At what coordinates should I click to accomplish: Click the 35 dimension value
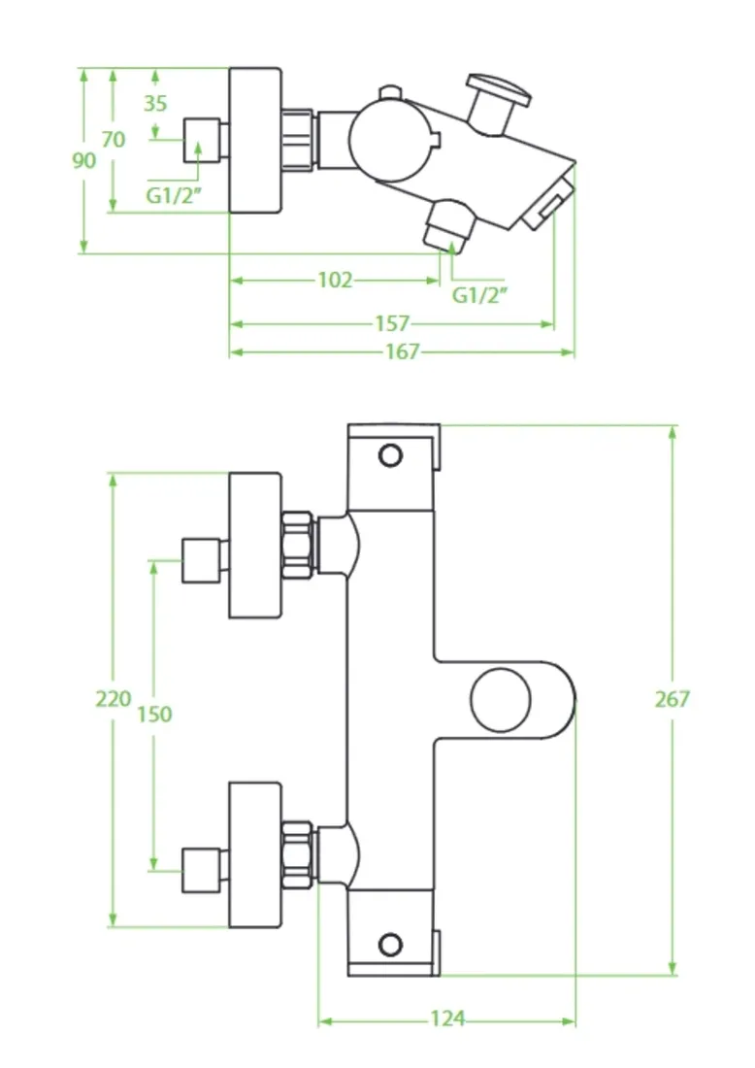tap(155, 103)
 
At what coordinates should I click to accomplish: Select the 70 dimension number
tap(114, 139)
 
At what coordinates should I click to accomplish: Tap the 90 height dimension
tap(84, 161)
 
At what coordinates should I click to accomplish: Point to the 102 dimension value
tap(336, 280)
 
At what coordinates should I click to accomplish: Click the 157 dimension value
tap(392, 323)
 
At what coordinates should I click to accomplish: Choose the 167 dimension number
tap(403, 351)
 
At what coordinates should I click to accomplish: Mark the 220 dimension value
tap(113, 699)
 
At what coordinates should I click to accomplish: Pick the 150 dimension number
tap(154, 715)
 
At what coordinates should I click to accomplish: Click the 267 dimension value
tap(672, 699)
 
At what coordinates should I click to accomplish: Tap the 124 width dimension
tap(447, 1018)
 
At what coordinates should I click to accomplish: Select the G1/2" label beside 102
tap(480, 295)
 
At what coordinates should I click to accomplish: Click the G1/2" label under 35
tap(175, 195)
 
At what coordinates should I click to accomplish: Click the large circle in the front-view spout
tap(501, 700)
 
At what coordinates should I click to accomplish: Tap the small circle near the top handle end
tap(390, 455)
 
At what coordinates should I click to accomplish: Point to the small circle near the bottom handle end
tap(390, 945)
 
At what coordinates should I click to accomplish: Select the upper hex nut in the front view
tap(298, 546)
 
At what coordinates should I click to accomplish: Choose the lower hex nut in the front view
tap(298, 854)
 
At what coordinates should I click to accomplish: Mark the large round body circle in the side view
tap(390, 141)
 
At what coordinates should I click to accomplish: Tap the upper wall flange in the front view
tap(254, 546)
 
